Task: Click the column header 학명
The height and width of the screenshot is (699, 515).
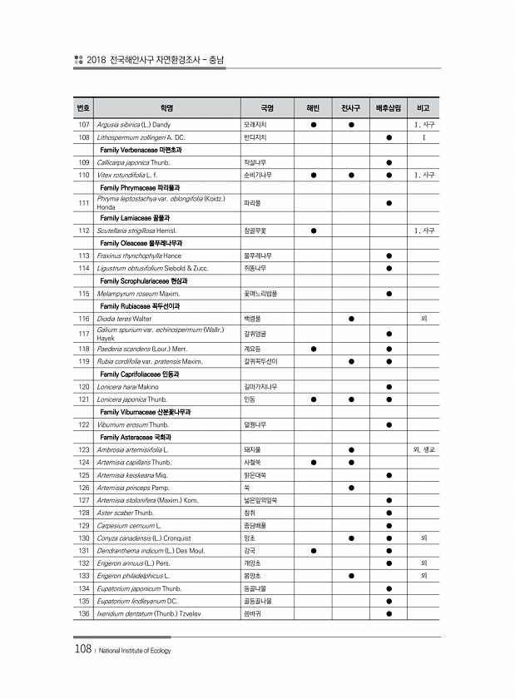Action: click(x=166, y=107)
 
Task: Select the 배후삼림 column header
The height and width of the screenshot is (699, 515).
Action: click(x=389, y=107)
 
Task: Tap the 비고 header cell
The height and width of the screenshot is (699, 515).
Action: click(x=423, y=107)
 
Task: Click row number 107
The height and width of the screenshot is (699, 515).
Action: click(x=83, y=125)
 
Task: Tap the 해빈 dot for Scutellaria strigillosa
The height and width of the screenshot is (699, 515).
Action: click(x=313, y=230)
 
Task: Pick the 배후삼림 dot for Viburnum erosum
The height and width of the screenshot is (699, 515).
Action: click(x=389, y=424)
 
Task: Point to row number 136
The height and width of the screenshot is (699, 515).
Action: click(x=83, y=613)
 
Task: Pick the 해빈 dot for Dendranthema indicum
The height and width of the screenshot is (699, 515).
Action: click(x=313, y=550)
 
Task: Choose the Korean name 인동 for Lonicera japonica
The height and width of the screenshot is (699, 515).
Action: click(x=249, y=399)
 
